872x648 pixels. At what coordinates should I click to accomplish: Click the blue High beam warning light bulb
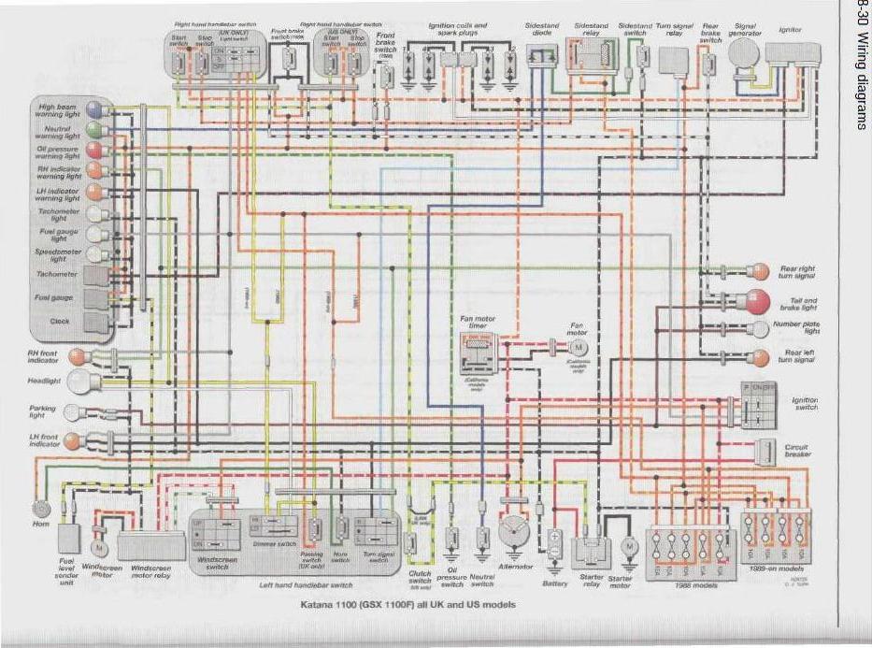pyautogui.click(x=95, y=110)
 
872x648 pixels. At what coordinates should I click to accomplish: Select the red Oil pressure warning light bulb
pyautogui.click(x=95, y=150)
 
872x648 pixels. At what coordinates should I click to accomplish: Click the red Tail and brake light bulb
pyautogui.click(x=758, y=300)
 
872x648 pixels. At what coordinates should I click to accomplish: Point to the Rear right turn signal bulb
pyautogui.click(x=760, y=271)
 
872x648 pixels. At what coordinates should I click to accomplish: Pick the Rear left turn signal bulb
pyautogui.click(x=760, y=356)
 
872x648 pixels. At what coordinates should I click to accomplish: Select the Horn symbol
pyautogui.click(x=40, y=509)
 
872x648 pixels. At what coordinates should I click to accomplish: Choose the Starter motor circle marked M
pyautogui.click(x=630, y=545)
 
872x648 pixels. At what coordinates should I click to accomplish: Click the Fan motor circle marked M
pyautogui.click(x=577, y=347)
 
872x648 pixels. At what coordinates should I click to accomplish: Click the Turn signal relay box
pyautogui.click(x=670, y=60)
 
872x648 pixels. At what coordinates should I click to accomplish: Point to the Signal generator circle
pyautogui.click(x=744, y=53)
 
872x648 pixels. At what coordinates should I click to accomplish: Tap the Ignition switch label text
pyautogui.click(x=805, y=404)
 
